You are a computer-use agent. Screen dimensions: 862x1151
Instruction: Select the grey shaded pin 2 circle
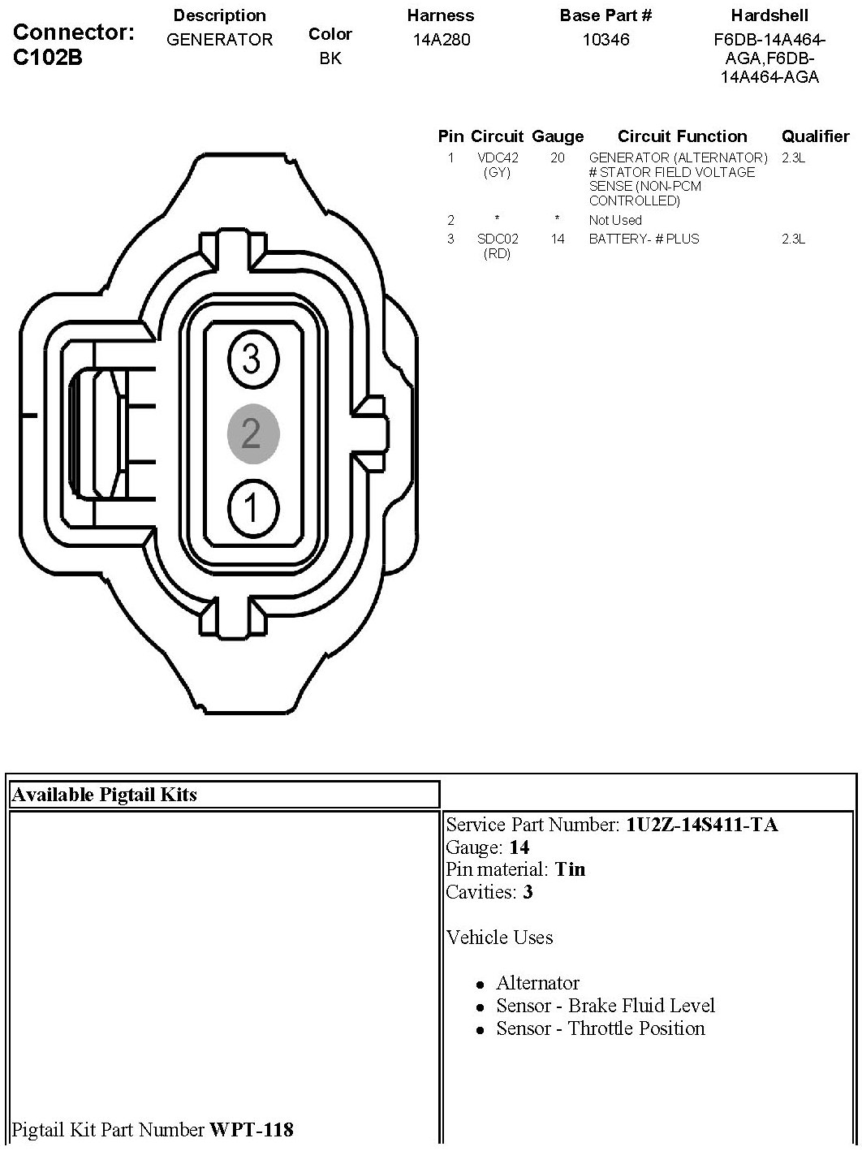pyautogui.click(x=252, y=433)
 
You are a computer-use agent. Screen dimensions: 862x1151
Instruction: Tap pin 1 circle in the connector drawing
pyautogui.click(x=252, y=509)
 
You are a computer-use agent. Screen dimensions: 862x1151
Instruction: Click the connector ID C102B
pyautogui.click(x=48, y=58)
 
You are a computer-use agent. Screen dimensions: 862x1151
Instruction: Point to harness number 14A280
pyautogui.click(x=441, y=39)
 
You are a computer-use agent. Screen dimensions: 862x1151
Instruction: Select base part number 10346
pyautogui.click(x=606, y=39)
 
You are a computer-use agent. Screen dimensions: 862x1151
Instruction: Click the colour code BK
pyautogui.click(x=330, y=58)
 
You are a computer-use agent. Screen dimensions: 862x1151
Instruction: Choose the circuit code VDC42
pyautogui.click(x=497, y=157)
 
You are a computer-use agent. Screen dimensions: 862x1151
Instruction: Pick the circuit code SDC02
pyautogui.click(x=497, y=239)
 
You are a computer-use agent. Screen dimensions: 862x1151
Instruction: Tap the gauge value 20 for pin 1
pyautogui.click(x=557, y=157)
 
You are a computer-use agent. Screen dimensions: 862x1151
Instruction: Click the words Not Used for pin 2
pyautogui.click(x=615, y=220)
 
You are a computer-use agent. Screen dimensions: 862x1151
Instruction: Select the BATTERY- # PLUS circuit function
pyautogui.click(x=644, y=239)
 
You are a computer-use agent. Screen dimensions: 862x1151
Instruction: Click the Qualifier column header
pyautogui.click(x=815, y=136)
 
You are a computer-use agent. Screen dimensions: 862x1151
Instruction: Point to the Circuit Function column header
pyautogui.click(x=682, y=136)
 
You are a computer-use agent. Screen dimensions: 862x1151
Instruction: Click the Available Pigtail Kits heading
pyautogui.click(x=104, y=794)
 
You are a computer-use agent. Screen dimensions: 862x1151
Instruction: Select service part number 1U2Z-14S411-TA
pyautogui.click(x=701, y=825)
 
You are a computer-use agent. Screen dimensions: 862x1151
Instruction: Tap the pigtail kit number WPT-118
pyautogui.click(x=252, y=1128)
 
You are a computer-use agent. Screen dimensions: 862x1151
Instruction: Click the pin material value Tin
pyautogui.click(x=570, y=869)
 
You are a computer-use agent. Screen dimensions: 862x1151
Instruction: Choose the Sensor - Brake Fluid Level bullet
pyautogui.click(x=606, y=1006)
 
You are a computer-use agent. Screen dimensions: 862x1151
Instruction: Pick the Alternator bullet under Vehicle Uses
pyautogui.click(x=537, y=983)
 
